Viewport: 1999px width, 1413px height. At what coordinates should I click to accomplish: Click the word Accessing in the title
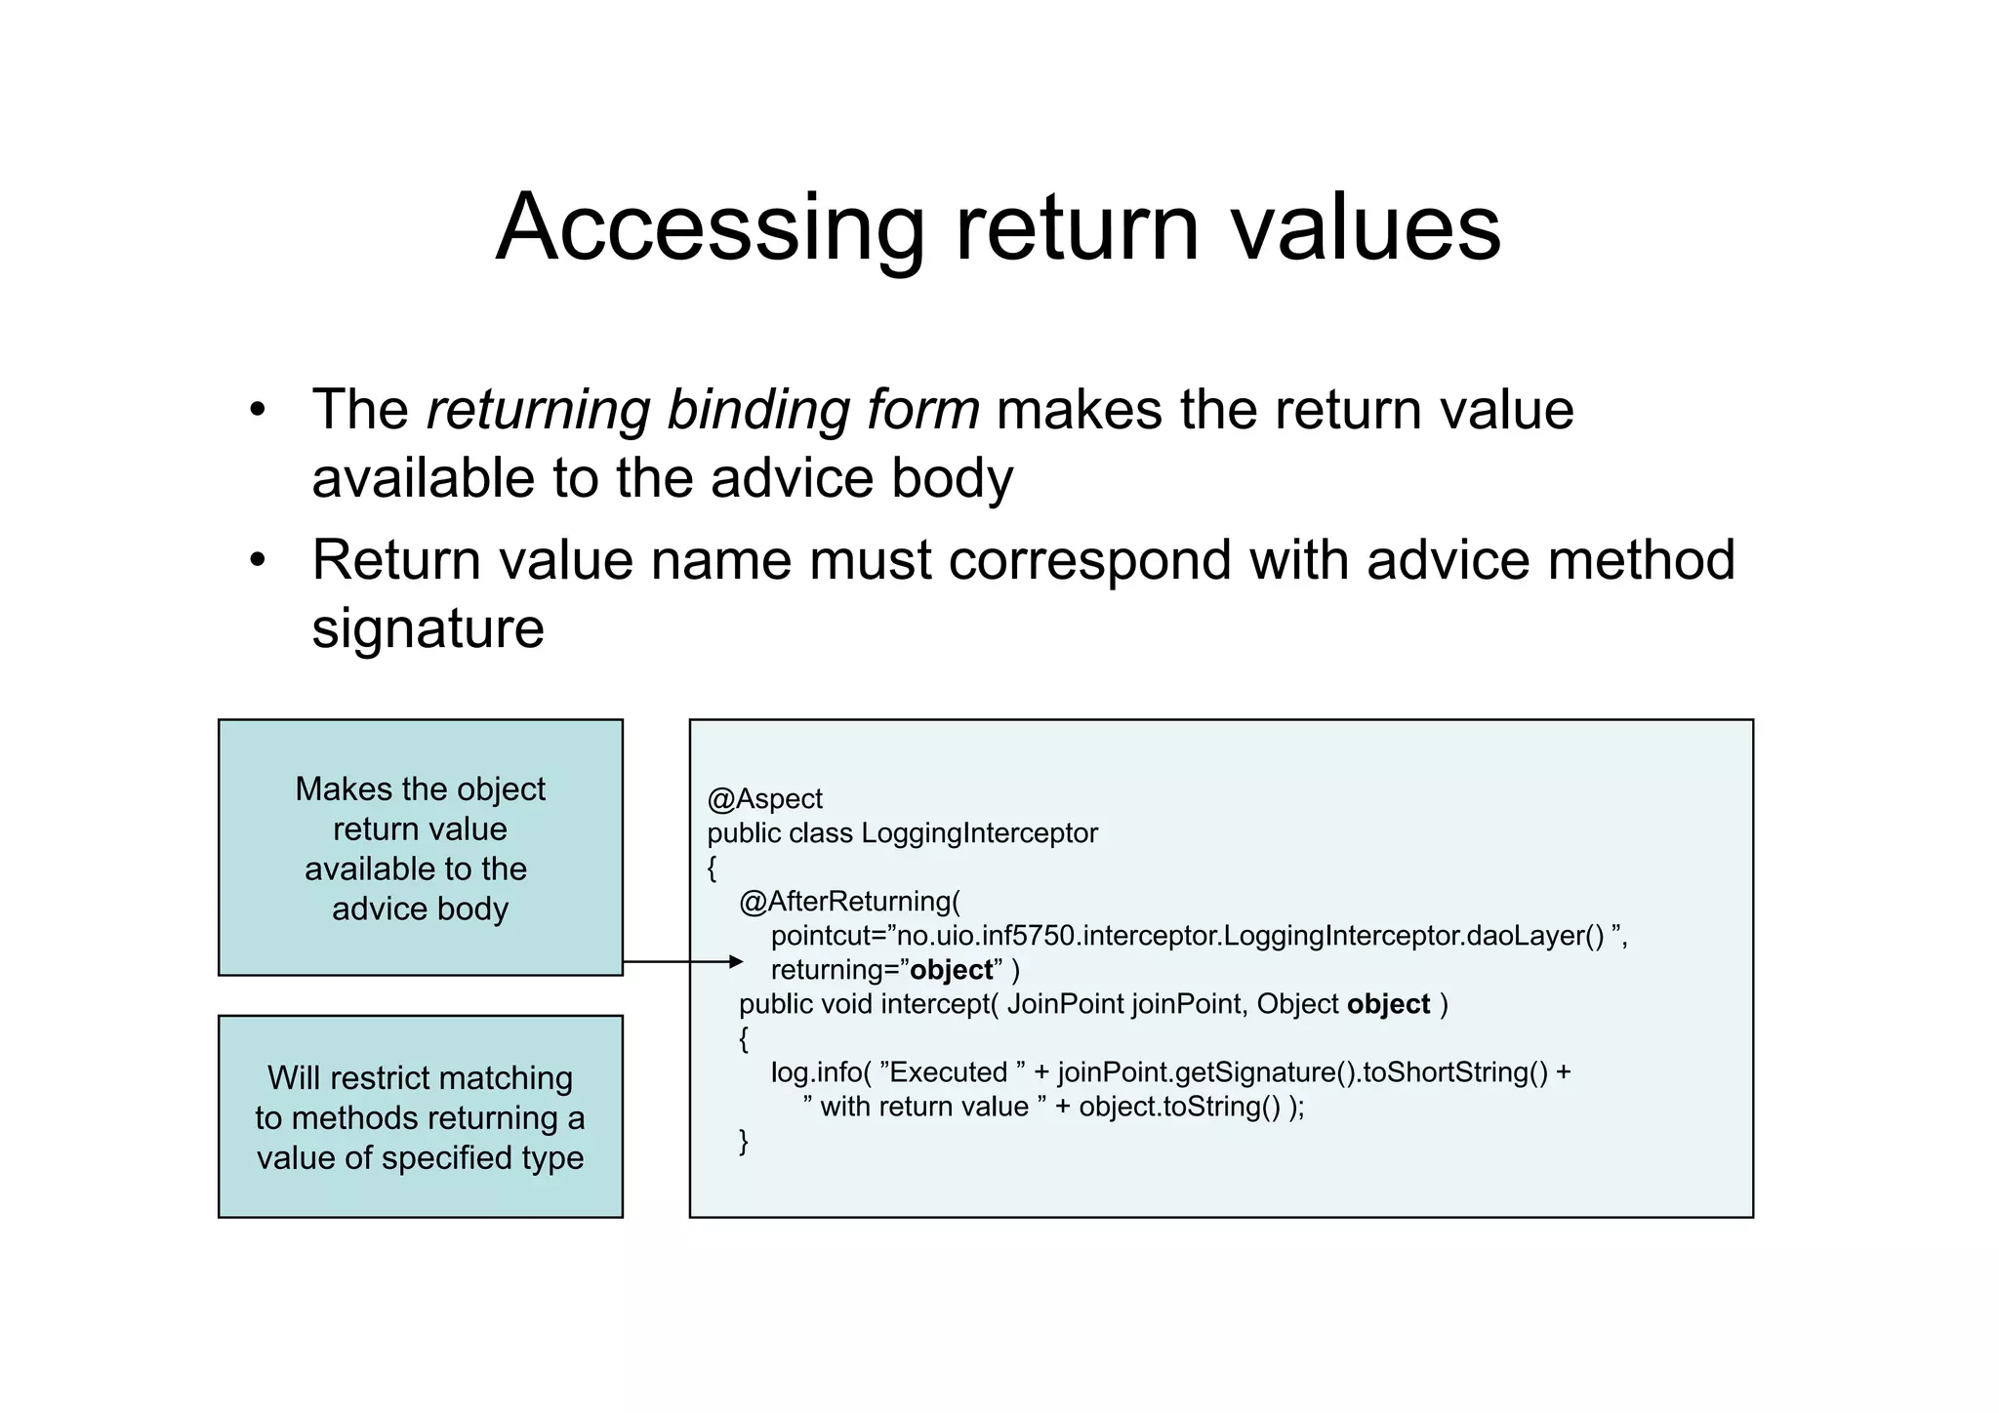tap(710, 229)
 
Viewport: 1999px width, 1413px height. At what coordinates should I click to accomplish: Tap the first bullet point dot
tap(258, 410)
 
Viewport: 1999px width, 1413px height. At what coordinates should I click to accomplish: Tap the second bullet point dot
tap(258, 561)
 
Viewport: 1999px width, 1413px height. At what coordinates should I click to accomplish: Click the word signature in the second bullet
tap(428, 629)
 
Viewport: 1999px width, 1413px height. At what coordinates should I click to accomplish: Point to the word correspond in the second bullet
tap(1089, 561)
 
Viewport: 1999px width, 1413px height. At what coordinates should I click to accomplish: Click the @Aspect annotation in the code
tap(764, 799)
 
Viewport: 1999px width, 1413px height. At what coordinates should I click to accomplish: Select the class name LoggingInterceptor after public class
tap(979, 833)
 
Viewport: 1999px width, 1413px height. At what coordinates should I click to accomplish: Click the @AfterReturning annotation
tap(849, 902)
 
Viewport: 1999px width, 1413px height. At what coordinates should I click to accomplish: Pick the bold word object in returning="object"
tap(951, 970)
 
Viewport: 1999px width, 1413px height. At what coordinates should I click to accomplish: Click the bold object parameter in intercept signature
tap(1388, 1004)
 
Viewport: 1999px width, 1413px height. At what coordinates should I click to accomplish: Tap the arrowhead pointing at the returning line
tap(736, 962)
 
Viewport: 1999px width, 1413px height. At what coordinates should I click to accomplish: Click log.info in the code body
tap(815, 1072)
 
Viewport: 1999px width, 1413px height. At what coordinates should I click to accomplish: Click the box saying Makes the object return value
tap(421, 847)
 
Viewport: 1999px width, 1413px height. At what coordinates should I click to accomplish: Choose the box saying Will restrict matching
tap(421, 1116)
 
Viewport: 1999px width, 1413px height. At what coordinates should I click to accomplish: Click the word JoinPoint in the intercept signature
tap(1065, 1004)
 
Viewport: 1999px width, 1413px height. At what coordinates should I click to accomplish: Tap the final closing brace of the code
tap(744, 1141)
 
